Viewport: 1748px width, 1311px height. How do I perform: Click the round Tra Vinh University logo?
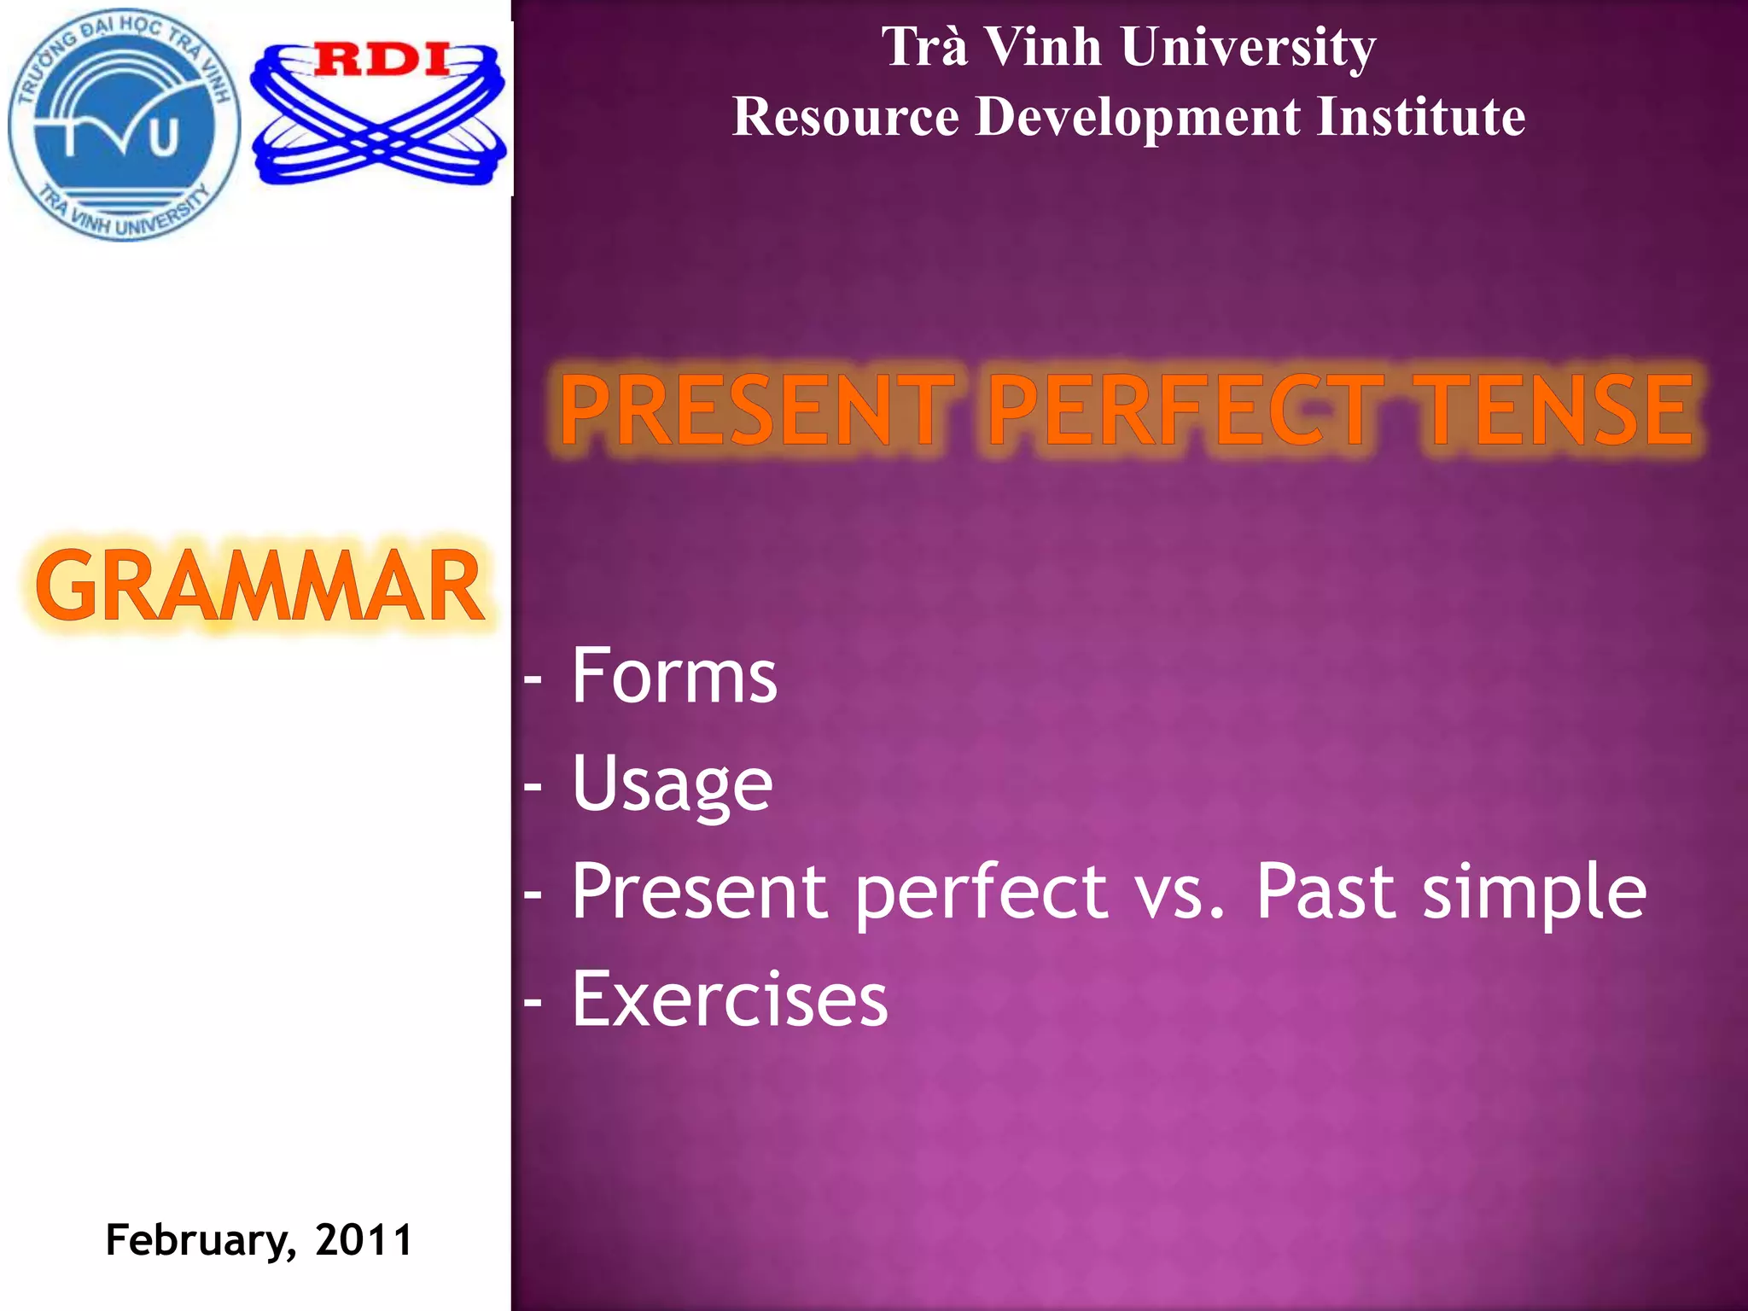tap(125, 125)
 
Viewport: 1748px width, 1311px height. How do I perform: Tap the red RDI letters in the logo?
tap(382, 60)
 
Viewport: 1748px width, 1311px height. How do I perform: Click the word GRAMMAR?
tap(259, 587)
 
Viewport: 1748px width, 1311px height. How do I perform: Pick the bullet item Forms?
tap(673, 676)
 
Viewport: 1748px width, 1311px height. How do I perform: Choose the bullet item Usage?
tap(672, 784)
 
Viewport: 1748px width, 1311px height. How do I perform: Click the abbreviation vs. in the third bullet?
tap(1181, 893)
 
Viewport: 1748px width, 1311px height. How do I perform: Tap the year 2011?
tap(364, 1239)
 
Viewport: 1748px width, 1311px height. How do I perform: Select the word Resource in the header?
tap(845, 116)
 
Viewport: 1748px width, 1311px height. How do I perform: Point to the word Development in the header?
tap(1139, 118)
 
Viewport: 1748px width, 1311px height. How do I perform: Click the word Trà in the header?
tap(925, 46)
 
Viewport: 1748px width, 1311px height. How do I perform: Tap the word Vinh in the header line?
tap(1043, 46)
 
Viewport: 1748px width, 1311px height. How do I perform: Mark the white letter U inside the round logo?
tap(165, 138)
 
